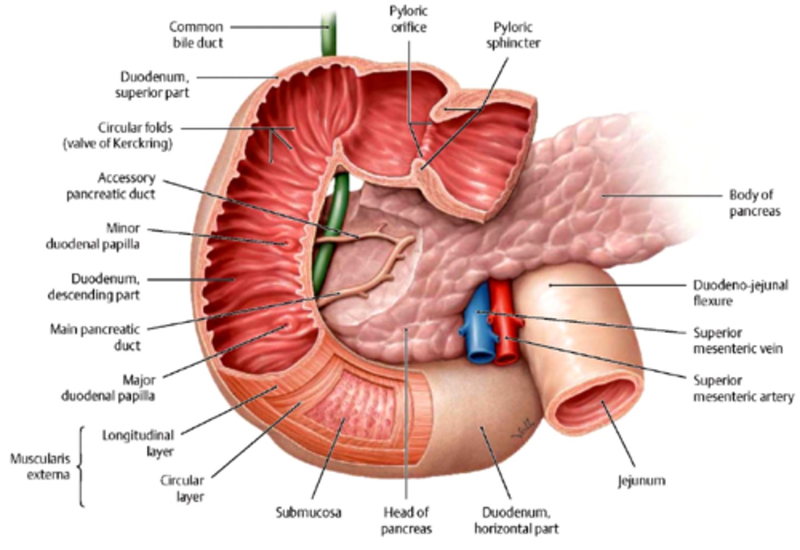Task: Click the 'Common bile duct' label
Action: pos(197,34)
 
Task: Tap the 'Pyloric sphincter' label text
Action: pos(513,35)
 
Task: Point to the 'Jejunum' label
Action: pos(641,480)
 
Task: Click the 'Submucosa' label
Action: pos(308,512)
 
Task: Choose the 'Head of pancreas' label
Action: pos(406,520)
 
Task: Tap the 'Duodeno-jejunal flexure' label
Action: pos(740,293)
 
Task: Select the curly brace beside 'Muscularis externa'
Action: pos(81,467)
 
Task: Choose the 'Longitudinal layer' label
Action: pos(138,443)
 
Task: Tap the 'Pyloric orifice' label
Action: pos(408,19)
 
